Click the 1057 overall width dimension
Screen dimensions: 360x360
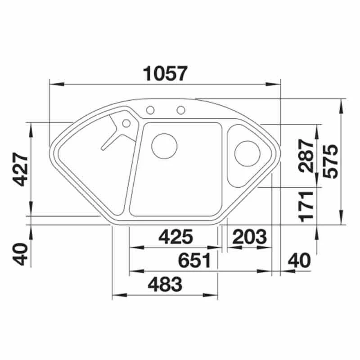(165, 73)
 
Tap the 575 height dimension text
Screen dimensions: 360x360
(330, 162)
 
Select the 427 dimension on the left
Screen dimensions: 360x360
(20, 169)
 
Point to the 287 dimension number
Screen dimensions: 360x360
(306, 156)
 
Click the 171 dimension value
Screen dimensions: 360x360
(306, 207)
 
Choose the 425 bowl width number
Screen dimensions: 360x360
(176, 237)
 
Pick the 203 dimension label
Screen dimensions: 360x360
(250, 237)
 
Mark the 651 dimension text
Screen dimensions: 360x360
(195, 261)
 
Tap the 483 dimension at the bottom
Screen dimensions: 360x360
(165, 284)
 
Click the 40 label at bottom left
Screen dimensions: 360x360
(20, 254)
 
